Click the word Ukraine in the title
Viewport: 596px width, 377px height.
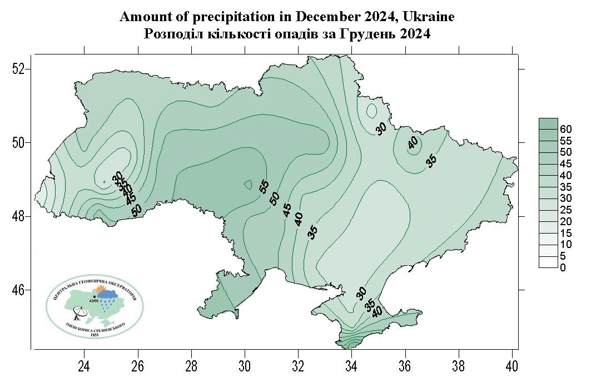pyautogui.click(x=428, y=17)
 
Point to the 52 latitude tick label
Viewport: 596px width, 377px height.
pyautogui.click(x=19, y=69)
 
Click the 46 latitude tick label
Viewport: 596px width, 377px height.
pyautogui.click(x=19, y=290)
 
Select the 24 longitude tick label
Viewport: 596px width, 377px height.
pyautogui.click(x=84, y=367)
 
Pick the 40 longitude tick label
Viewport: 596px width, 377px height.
pyautogui.click(x=512, y=367)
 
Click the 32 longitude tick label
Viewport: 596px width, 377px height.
pyautogui.click(x=298, y=367)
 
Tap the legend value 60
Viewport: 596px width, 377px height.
pyautogui.click(x=566, y=129)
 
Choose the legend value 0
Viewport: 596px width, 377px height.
pyautogui.click(x=563, y=268)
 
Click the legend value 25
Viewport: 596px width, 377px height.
pyautogui.click(x=566, y=210)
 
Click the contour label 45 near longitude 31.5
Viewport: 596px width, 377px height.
pyautogui.click(x=287, y=210)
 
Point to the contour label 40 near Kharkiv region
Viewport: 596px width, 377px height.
pyautogui.click(x=413, y=143)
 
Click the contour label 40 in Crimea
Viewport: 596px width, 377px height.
pyautogui.click(x=378, y=312)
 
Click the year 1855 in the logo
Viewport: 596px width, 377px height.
pyautogui.click(x=95, y=335)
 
